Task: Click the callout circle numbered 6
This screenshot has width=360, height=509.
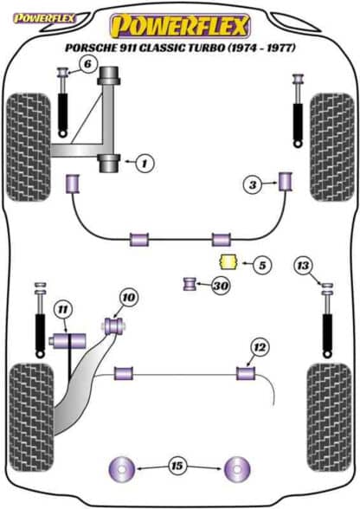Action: point(87,64)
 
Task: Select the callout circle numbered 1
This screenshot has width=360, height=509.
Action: point(145,163)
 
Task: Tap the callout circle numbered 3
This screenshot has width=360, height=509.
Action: point(252,184)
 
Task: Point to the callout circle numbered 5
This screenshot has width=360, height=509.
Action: point(262,265)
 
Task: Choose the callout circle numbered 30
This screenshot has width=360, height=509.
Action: point(221,286)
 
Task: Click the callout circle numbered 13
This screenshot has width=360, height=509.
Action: point(303,266)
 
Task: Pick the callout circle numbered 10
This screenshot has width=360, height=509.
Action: point(129,297)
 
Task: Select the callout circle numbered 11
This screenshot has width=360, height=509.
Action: point(62,310)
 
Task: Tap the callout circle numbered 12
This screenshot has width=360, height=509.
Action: point(260,348)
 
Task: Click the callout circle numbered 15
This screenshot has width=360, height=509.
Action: point(177,466)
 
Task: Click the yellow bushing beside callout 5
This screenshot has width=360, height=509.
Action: point(228,261)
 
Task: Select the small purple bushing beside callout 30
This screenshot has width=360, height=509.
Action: point(189,284)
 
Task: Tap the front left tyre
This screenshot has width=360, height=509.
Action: point(29,147)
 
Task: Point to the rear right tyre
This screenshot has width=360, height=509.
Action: point(330,418)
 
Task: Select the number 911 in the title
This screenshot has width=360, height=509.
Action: point(130,48)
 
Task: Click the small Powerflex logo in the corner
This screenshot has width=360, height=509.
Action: point(43,18)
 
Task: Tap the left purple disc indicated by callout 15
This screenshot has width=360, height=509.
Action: point(121,469)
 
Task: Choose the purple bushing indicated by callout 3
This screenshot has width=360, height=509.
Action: point(286,181)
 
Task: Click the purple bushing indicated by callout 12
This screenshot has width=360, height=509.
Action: point(246,373)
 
